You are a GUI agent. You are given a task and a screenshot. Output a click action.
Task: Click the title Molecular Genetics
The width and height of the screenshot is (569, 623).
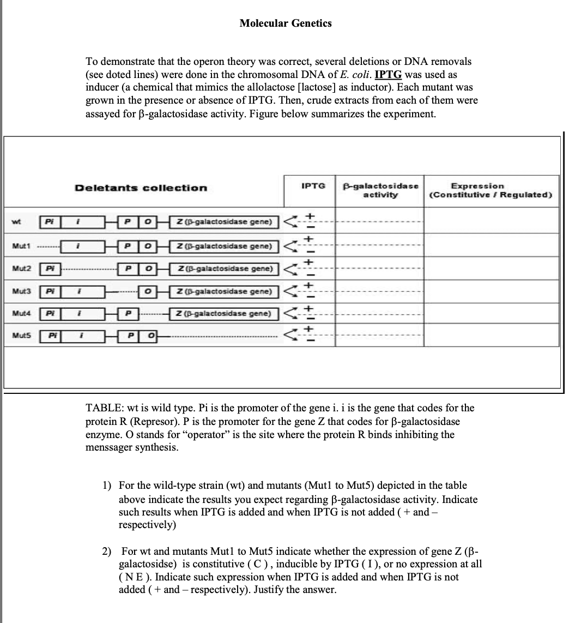click(x=285, y=23)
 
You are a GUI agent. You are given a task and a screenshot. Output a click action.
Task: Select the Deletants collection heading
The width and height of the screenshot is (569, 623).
click(x=141, y=188)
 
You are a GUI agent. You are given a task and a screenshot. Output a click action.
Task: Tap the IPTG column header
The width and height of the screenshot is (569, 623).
click(x=313, y=186)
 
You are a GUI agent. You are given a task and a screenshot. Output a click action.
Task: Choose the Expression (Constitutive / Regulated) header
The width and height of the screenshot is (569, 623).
click(x=491, y=190)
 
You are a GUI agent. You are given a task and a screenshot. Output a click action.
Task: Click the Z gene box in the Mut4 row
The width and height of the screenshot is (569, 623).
click(x=225, y=314)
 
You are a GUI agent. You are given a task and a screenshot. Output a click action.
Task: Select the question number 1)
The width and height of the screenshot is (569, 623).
click(x=107, y=485)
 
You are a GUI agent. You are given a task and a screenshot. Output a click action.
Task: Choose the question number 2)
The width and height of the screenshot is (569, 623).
click(x=107, y=552)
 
